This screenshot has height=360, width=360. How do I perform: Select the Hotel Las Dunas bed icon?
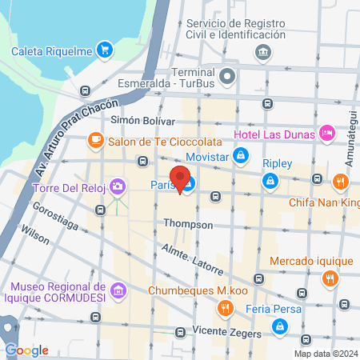click(x=326, y=134)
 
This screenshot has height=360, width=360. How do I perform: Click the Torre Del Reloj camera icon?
click(x=118, y=187)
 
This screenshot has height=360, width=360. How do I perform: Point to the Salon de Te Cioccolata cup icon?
click(x=95, y=141)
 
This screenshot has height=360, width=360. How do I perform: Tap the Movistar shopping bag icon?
click(x=240, y=156)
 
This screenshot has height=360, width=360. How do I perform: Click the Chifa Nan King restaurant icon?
click(x=341, y=182)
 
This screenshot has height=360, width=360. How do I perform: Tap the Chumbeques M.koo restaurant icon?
click(x=226, y=307)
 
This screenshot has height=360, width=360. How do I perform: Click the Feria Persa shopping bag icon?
click(x=280, y=326)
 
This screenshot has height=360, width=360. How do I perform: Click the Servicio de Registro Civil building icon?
click(x=262, y=53)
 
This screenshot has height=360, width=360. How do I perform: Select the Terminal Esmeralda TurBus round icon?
click(x=228, y=78)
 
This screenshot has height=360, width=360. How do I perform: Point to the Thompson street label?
click(x=189, y=225)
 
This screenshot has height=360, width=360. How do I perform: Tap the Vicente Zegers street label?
click(x=229, y=333)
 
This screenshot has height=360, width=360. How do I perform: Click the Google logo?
click(x=26, y=350)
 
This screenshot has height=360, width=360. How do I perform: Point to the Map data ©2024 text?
click(x=325, y=354)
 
